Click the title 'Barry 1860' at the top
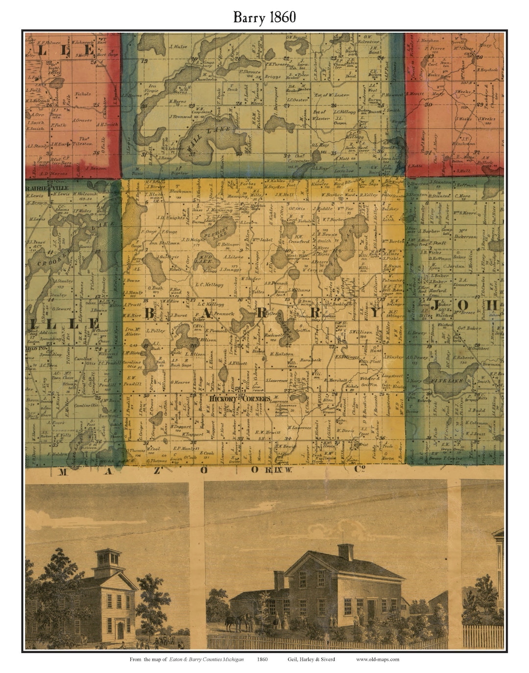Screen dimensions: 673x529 click(264, 17)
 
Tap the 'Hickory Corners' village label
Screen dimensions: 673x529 click(240, 398)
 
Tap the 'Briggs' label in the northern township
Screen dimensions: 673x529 click(273, 76)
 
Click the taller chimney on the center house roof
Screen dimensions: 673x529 click(346, 552)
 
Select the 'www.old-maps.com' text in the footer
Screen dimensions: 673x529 click(377, 659)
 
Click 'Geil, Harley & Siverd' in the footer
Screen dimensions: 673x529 click(312, 659)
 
